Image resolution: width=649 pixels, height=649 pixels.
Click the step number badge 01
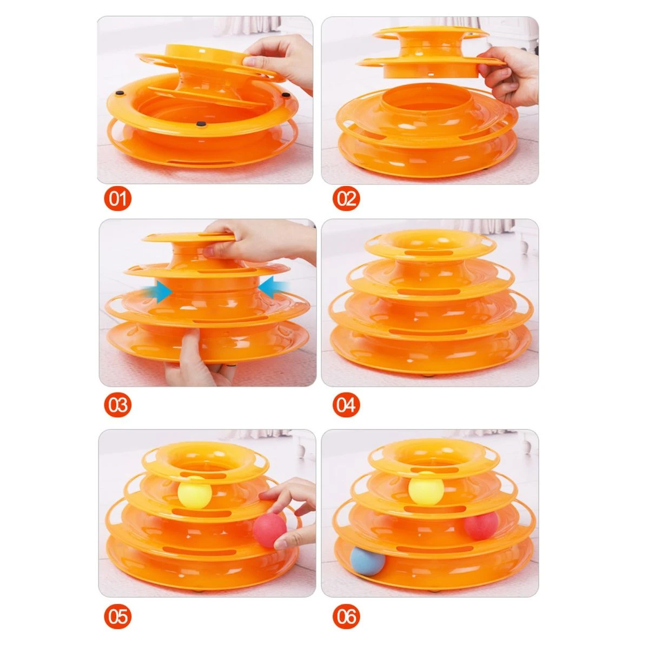(x=117, y=200)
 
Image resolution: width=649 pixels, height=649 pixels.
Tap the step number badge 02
(x=346, y=200)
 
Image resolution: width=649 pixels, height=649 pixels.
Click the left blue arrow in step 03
(x=157, y=291)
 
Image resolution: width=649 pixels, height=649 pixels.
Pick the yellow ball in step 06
(x=426, y=492)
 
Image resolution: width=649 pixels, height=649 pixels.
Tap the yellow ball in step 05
(x=195, y=492)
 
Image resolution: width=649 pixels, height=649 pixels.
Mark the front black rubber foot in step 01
(x=201, y=124)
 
